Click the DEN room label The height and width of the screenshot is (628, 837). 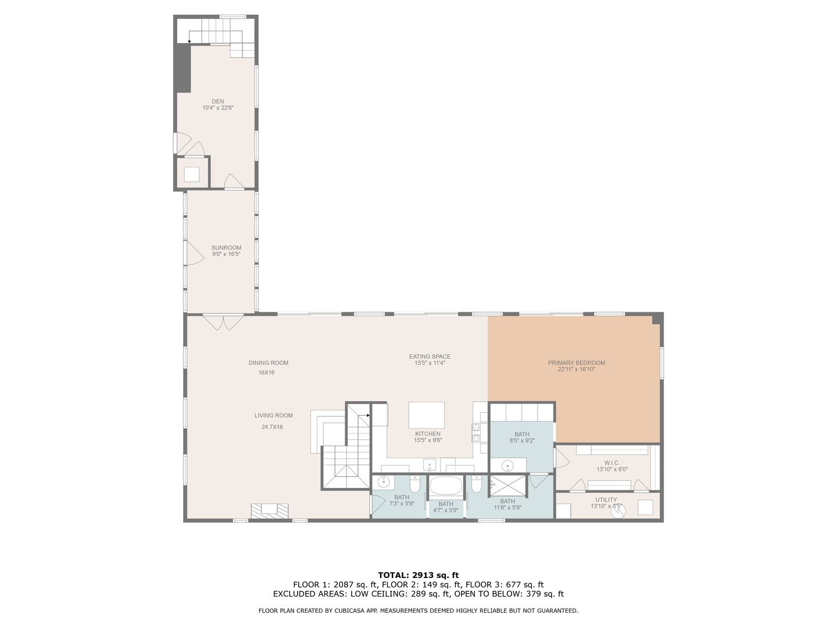[217, 102]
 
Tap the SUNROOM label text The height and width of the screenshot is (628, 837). [226, 248]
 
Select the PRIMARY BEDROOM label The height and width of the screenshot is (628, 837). [576, 363]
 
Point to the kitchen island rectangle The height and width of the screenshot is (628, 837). [426, 415]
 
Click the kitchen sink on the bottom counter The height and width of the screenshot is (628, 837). [430, 464]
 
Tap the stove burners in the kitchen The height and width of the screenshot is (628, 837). [475, 433]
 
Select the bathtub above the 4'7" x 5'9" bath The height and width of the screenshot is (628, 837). [446, 486]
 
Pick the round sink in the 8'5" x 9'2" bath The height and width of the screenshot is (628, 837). [507, 465]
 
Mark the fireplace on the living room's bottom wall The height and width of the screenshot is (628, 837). [269, 510]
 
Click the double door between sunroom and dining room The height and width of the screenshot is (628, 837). [223, 322]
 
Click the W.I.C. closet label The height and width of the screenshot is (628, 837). [611, 463]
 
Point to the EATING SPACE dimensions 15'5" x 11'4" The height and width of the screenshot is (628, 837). [430, 363]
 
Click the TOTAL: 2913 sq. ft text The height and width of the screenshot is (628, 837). [418, 575]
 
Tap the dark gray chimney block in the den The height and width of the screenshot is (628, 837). [184, 68]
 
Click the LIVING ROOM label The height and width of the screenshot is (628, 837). [273, 415]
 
